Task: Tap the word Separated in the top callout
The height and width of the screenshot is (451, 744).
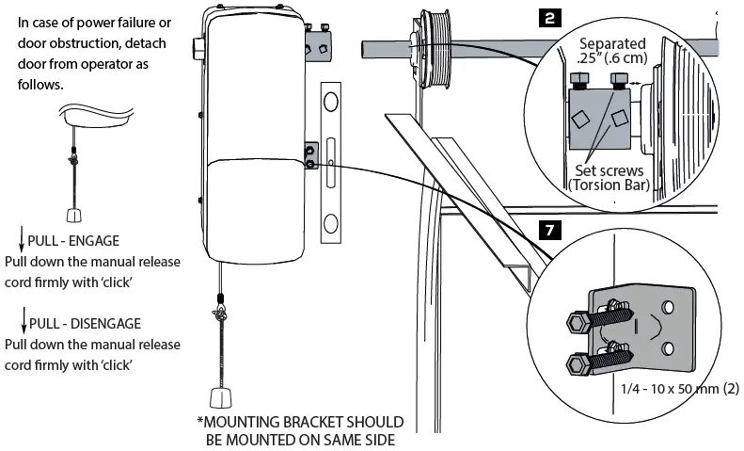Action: tap(612, 43)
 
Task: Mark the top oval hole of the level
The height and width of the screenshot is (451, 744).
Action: tap(330, 102)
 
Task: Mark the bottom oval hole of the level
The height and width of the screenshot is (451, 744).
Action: tap(330, 223)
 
